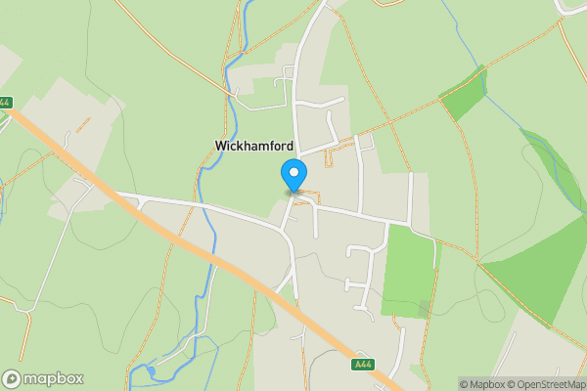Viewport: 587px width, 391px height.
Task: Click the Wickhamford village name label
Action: click(x=253, y=146)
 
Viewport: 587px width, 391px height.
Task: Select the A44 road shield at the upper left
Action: click(x=5, y=102)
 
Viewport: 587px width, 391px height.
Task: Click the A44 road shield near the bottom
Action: click(x=362, y=365)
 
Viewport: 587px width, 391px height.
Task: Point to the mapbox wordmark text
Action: click(x=54, y=378)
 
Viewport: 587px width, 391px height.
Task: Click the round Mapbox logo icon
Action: click(x=12, y=378)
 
